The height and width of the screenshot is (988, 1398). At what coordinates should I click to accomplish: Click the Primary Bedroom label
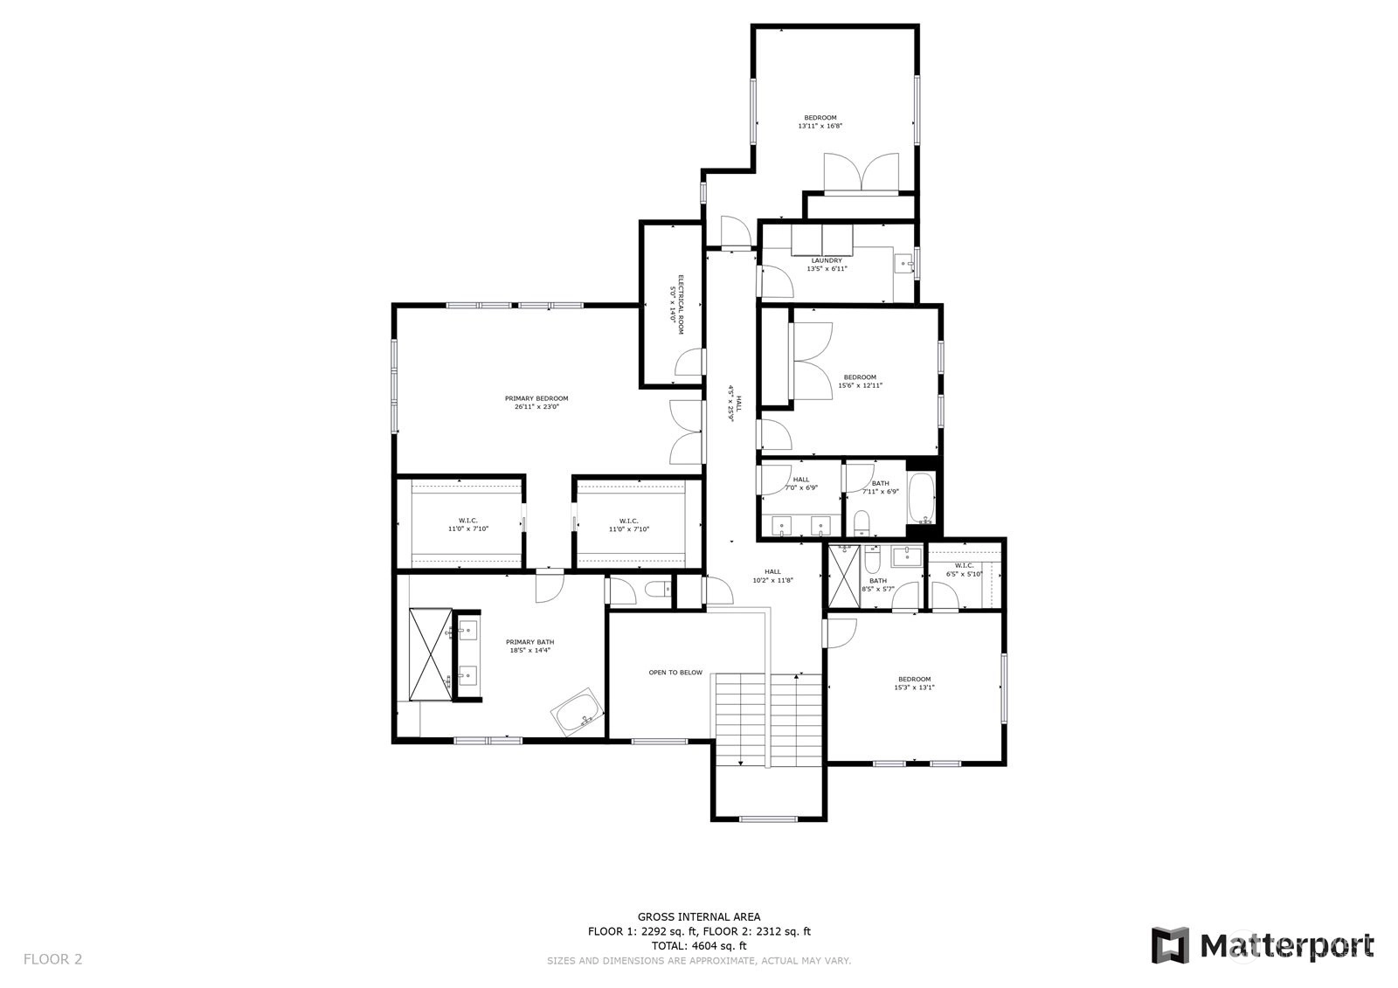click(x=536, y=403)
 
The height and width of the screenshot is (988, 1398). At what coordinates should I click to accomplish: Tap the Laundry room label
click(x=827, y=265)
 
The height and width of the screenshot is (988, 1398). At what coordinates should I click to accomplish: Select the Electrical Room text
click(x=676, y=304)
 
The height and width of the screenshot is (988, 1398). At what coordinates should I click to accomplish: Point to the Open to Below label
click(x=675, y=672)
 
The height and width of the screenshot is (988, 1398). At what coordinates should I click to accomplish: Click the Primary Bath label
click(x=529, y=646)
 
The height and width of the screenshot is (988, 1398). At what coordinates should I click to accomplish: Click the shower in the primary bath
click(x=431, y=654)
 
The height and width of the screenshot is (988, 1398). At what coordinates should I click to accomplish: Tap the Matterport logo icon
click(x=1171, y=945)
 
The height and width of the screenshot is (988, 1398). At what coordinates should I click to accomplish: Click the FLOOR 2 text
click(x=53, y=959)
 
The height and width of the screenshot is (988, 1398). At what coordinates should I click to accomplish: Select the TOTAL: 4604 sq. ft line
click(x=699, y=945)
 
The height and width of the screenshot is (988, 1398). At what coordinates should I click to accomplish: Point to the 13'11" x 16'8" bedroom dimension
click(x=820, y=126)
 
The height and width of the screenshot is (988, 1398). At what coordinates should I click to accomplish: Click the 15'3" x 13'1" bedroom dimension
click(x=914, y=687)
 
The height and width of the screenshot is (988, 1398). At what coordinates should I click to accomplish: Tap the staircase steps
click(x=768, y=720)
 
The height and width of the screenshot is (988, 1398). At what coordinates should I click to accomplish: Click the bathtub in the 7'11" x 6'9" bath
click(x=921, y=498)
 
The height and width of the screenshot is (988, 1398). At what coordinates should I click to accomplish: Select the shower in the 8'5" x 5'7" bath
click(x=844, y=576)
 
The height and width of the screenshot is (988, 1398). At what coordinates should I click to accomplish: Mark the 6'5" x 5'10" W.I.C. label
click(x=964, y=570)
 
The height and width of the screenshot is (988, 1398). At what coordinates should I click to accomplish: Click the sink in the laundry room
click(x=904, y=265)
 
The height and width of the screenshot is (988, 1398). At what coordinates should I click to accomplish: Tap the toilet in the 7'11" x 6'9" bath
click(x=862, y=522)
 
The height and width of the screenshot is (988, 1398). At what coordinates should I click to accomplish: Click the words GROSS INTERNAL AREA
click(x=699, y=917)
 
